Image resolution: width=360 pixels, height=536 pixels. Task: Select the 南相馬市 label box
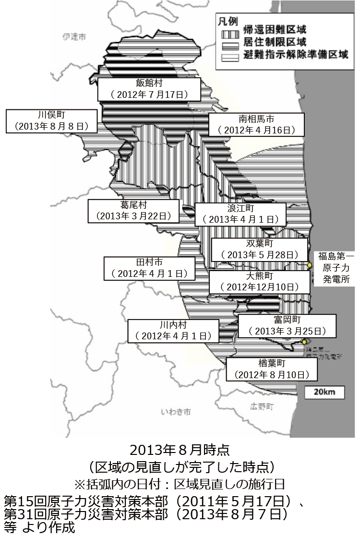click(256, 124)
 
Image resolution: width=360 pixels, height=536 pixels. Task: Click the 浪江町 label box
click(240, 214)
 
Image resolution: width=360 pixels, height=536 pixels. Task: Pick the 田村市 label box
click(150, 268)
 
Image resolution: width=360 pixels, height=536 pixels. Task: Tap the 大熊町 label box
click(259, 282)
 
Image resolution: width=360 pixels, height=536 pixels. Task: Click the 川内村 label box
click(173, 331)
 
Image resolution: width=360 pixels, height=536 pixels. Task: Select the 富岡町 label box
click(287, 326)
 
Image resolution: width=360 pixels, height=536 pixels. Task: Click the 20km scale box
click(324, 392)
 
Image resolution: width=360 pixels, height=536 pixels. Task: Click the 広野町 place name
click(262, 406)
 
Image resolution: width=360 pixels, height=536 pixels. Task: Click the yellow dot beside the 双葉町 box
click(310, 265)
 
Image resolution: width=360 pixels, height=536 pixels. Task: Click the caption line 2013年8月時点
click(180, 450)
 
